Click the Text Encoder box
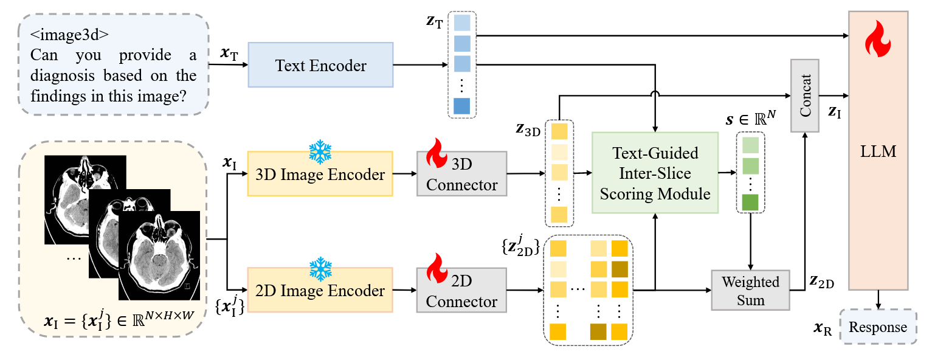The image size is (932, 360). coord(320,65)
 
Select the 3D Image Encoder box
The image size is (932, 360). coord(320,175)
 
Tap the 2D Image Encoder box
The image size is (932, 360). coord(320,290)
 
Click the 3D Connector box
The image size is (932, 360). coord(461,175)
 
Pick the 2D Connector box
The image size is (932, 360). coord(461,291)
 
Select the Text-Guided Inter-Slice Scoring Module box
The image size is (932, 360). coord(654,173)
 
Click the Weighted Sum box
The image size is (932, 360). coord(750,291)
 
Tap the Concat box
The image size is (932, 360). coord(805,95)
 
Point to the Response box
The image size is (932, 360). coord(877,327)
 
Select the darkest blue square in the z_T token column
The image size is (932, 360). coord(462,106)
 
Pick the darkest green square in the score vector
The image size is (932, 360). coord(750,202)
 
